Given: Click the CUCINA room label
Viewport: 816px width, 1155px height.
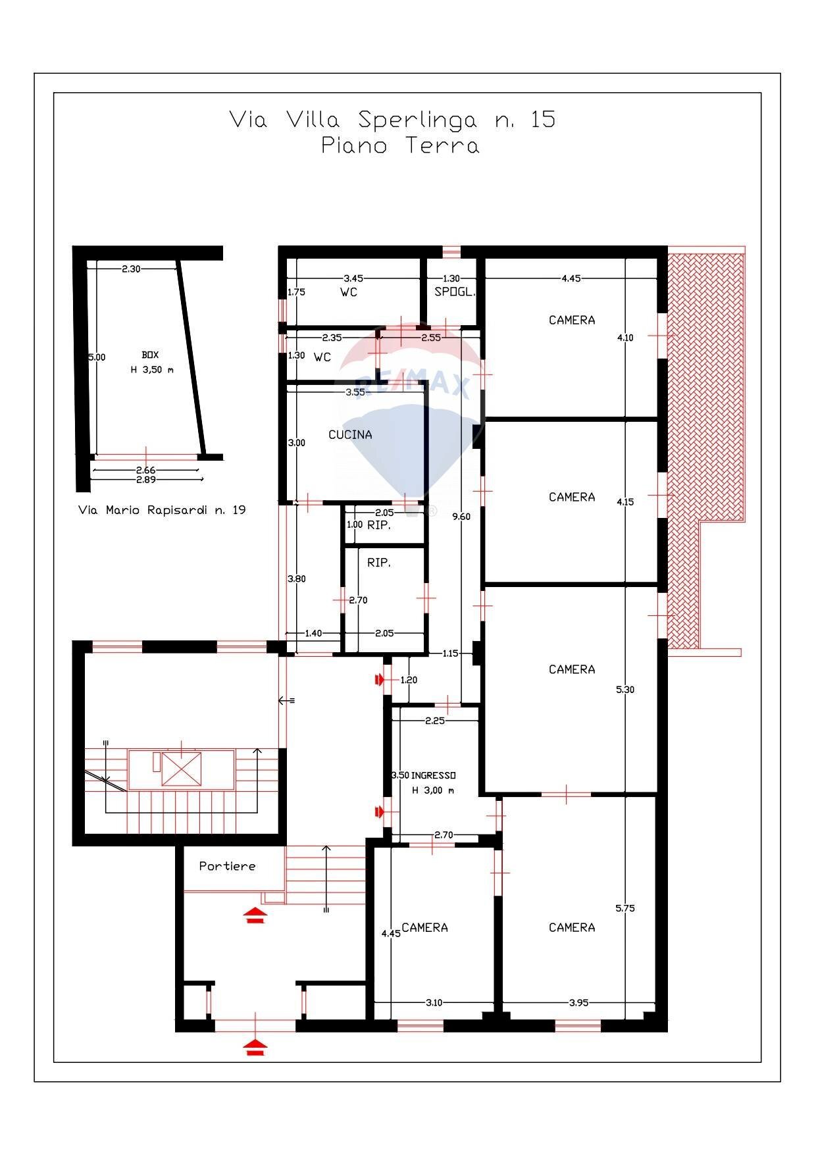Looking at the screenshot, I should tap(350, 434).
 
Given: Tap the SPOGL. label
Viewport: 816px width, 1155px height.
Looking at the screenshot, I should tap(454, 292).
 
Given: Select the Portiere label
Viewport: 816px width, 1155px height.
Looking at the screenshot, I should tap(227, 866).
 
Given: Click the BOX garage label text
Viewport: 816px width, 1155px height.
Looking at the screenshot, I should tap(150, 355).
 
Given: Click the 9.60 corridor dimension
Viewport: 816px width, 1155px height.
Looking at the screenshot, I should tap(461, 517).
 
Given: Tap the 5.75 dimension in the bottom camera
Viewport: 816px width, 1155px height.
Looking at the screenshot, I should tap(625, 908).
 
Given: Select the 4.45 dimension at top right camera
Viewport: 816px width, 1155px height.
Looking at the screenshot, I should tap(571, 278).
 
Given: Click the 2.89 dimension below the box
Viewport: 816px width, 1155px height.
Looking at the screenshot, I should tap(145, 480).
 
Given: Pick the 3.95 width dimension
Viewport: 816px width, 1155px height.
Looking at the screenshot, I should tap(578, 1002).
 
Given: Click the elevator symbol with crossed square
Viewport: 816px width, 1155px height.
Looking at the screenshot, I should tap(181, 769).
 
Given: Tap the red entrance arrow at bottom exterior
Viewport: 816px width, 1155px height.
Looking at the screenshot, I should tap(255, 1046).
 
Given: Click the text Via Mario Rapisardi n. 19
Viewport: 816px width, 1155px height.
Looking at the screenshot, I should tap(162, 510).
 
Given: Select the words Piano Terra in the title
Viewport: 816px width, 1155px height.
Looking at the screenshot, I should tap(400, 145).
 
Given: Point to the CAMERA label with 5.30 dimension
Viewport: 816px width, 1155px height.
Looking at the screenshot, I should tap(572, 669).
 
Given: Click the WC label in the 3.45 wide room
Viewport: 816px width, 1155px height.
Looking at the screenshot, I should tap(349, 292).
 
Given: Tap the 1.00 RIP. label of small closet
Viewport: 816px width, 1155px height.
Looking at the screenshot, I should tap(369, 525).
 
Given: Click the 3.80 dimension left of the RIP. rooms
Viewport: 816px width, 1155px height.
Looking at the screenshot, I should tap(296, 579).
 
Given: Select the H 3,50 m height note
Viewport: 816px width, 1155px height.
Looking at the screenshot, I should tap(152, 370).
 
